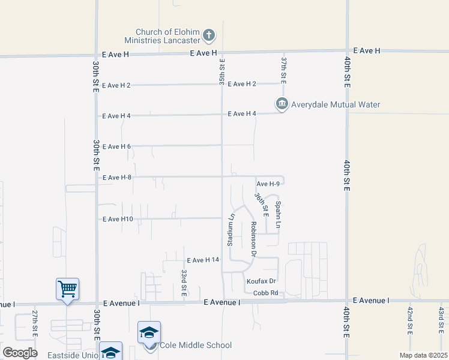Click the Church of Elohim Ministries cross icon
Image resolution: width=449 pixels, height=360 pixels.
(209, 35)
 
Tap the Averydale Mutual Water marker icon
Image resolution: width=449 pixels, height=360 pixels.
(282, 104)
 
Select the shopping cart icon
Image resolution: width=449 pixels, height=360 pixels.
(67, 289)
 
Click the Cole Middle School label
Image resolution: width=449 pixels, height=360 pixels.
(195, 345)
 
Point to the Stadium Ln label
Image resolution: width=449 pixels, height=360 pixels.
(230, 229)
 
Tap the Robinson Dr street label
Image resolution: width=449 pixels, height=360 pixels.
(254, 239)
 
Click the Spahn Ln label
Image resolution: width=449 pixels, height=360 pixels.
(278, 214)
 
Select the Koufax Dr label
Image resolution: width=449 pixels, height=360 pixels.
(261, 281)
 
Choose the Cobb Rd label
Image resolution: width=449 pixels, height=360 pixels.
(265, 293)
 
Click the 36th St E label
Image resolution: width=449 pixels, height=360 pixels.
(261, 205)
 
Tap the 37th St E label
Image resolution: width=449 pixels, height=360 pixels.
(285, 71)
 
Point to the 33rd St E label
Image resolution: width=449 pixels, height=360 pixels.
(184, 283)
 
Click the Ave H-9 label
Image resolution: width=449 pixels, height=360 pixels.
(268, 184)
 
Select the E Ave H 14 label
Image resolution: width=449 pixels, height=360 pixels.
(203, 260)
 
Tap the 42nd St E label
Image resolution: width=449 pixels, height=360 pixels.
(410, 321)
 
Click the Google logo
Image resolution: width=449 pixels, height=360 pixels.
(20, 352)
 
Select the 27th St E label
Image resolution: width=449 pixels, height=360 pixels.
(35, 323)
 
